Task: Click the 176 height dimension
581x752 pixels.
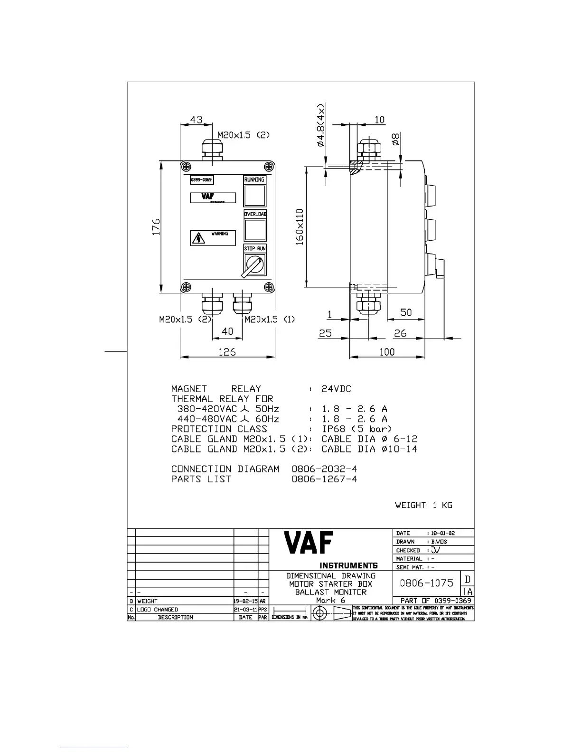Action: pyautogui.click(x=156, y=227)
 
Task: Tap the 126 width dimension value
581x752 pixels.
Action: pyautogui.click(x=227, y=352)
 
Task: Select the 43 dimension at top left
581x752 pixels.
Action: pyautogui.click(x=196, y=119)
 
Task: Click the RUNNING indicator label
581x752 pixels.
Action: pyautogui.click(x=254, y=180)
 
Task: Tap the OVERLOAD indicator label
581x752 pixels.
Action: pyautogui.click(x=255, y=214)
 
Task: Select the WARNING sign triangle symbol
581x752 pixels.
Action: pyautogui.click(x=198, y=238)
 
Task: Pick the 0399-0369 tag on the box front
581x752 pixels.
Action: pyautogui.click(x=201, y=180)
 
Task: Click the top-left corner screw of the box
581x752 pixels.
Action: pyautogui.click(x=187, y=167)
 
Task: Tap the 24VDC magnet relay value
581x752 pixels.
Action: pyautogui.click(x=336, y=389)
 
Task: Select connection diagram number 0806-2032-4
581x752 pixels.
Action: pyautogui.click(x=324, y=469)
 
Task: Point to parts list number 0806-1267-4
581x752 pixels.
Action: pyautogui.click(x=324, y=479)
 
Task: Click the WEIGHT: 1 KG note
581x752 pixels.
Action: pyautogui.click(x=423, y=505)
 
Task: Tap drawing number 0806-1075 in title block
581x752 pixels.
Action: pyautogui.click(x=426, y=583)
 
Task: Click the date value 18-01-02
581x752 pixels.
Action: pyautogui.click(x=442, y=533)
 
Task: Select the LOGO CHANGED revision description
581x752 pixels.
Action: pyautogui.click(x=158, y=610)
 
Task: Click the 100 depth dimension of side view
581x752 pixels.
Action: pyautogui.click(x=387, y=352)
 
